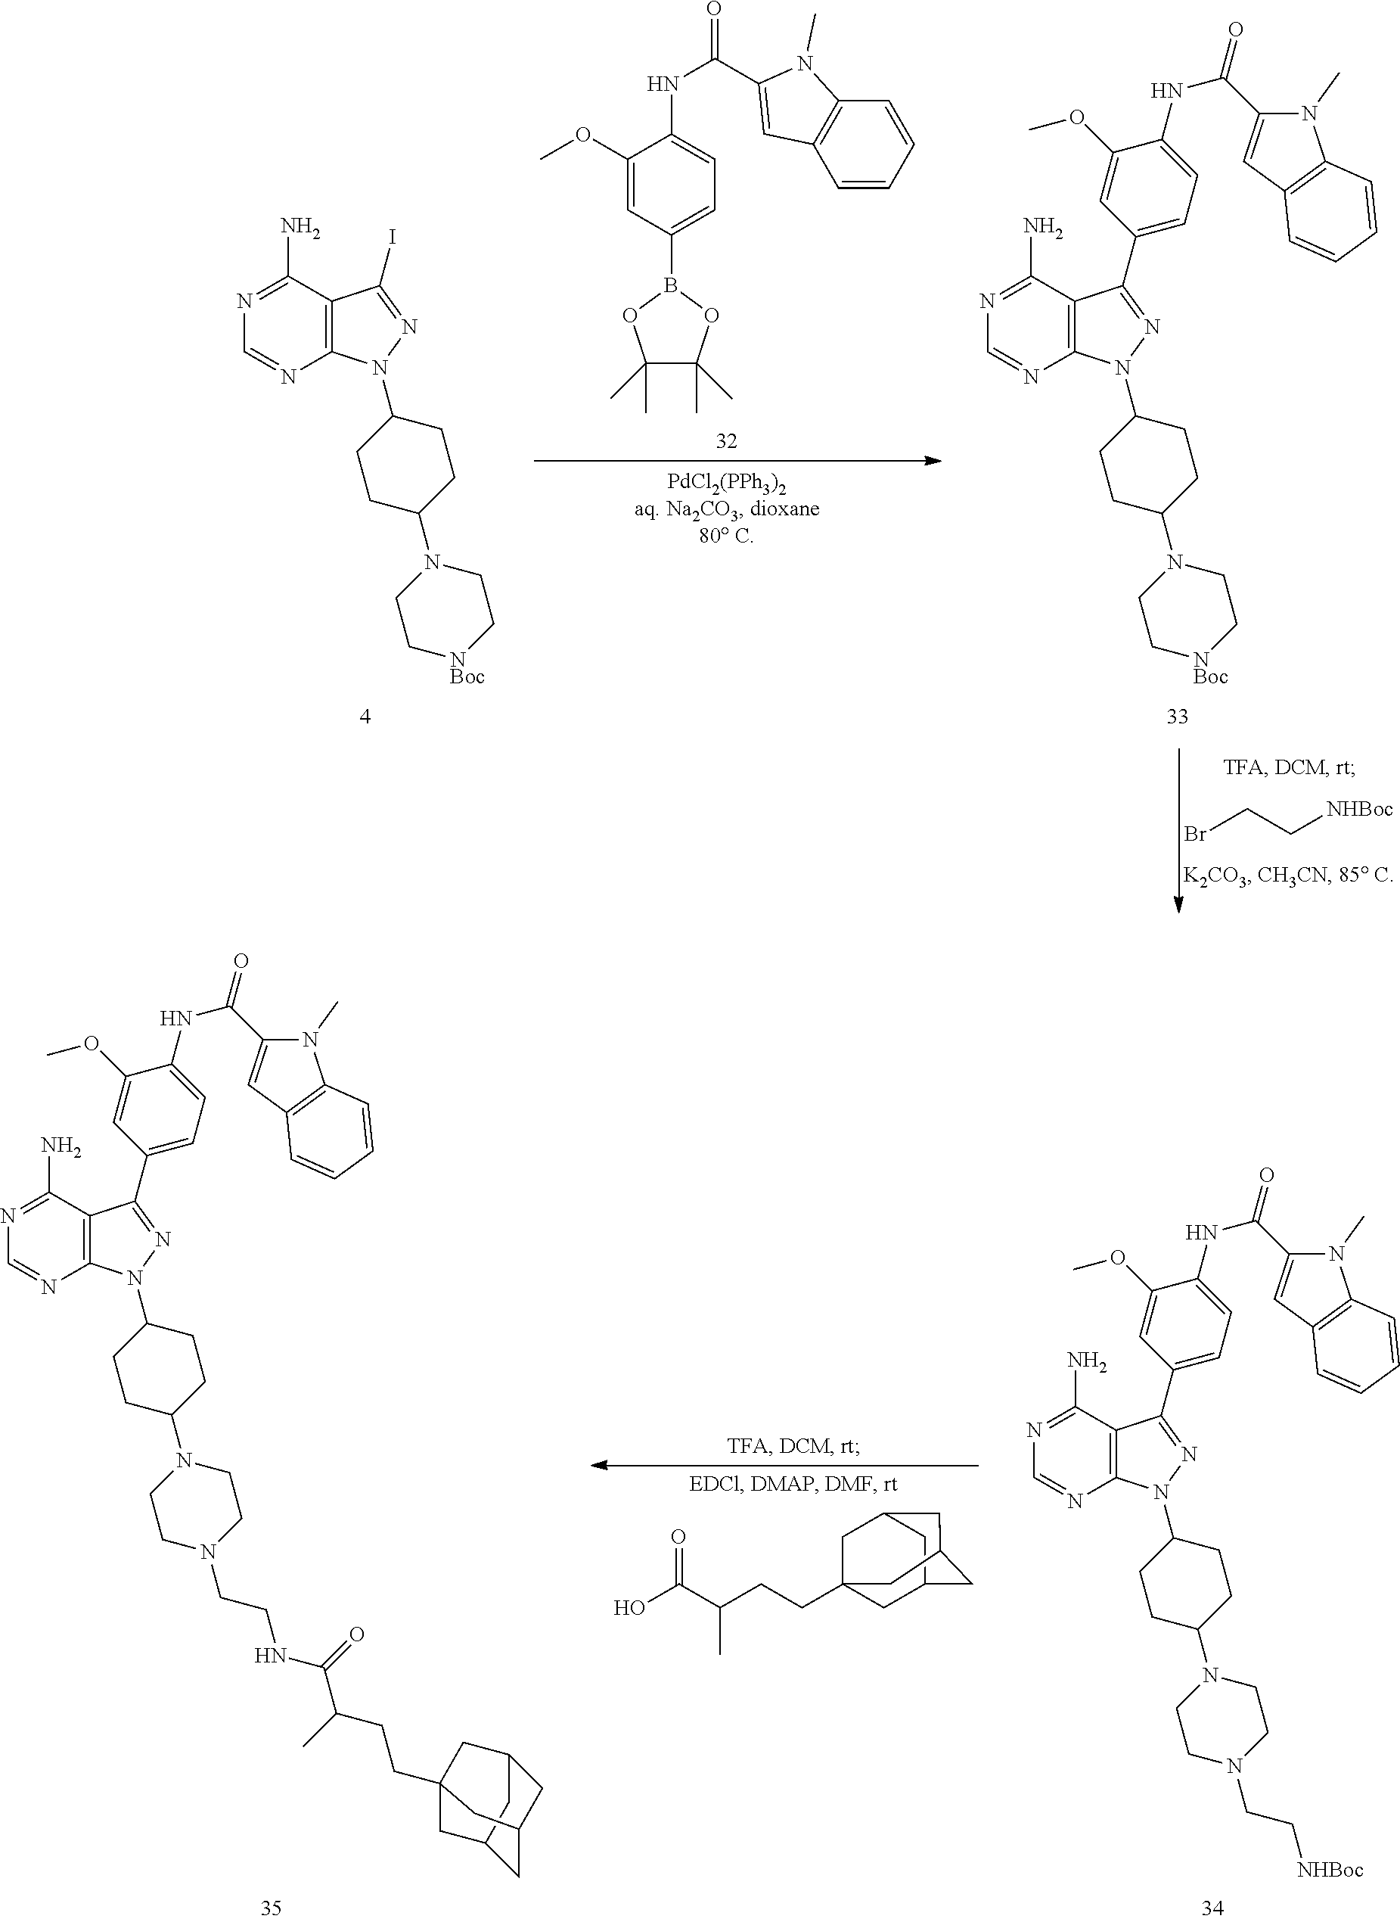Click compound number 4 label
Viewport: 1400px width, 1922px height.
coord(365,717)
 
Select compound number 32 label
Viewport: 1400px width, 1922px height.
coord(726,441)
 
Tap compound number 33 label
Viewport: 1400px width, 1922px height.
coord(1177,717)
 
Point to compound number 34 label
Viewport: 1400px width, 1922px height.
coord(1212,1907)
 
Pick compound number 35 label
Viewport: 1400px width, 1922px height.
coord(270,1907)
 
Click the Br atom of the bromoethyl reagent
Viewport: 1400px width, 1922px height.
coord(1195,834)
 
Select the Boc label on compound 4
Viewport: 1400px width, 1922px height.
coord(467,677)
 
